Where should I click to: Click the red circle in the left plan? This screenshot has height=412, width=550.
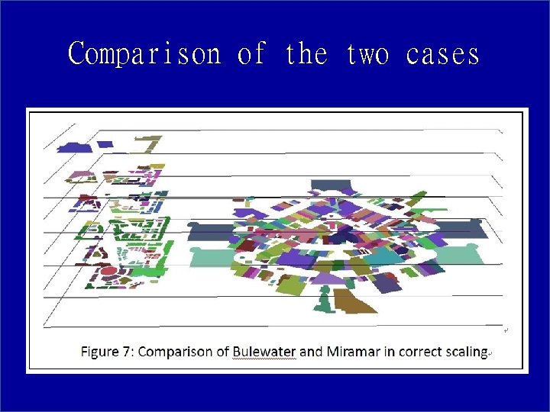point(109,271)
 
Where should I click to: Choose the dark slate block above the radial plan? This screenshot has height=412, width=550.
point(334,185)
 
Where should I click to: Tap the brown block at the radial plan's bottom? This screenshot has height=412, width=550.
point(354,301)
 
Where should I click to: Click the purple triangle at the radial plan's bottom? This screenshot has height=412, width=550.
point(329,278)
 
